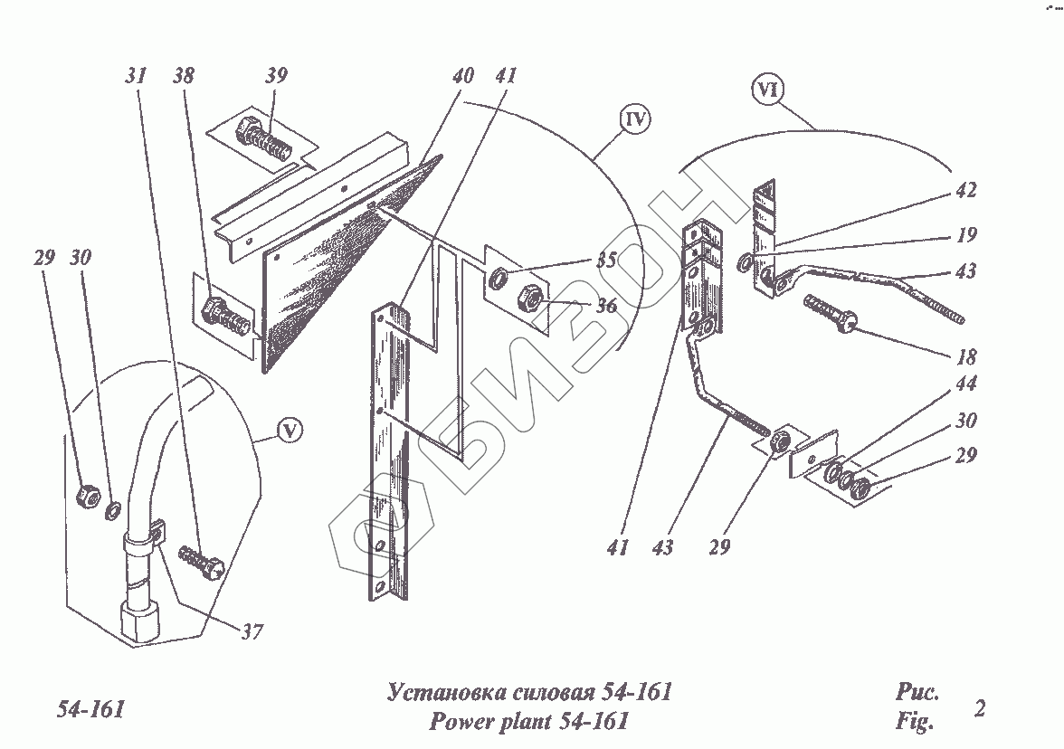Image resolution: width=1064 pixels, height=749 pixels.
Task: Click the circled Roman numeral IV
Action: point(636,119)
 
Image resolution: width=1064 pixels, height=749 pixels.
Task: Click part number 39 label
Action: point(277,76)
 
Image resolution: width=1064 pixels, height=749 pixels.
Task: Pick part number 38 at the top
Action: point(183,76)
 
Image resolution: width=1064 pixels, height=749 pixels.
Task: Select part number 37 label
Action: point(252,631)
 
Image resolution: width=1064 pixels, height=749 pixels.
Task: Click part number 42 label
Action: point(964,191)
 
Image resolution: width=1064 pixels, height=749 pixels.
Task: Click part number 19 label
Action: point(966,235)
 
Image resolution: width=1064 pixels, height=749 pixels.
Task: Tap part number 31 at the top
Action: point(136,76)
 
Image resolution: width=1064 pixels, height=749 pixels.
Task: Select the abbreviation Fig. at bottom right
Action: point(914,722)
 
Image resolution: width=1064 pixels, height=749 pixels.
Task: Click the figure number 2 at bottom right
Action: point(979,707)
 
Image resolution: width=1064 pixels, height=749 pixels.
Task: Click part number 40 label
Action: point(463,76)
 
